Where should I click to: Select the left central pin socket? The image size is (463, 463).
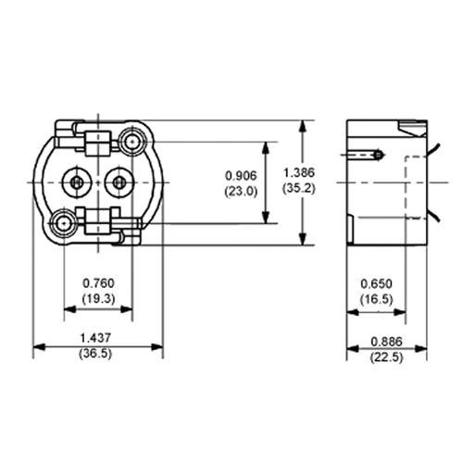coord(75,182)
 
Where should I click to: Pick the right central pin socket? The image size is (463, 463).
coord(119,182)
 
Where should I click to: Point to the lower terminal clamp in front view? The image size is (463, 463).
coord(97,222)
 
